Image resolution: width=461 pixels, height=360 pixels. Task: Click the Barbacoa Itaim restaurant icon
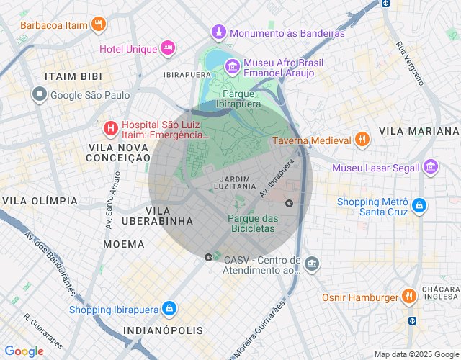tap(99, 24)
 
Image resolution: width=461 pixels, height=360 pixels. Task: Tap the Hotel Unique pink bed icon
tap(168, 48)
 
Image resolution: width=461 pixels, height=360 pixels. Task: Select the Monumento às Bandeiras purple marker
tap(218, 32)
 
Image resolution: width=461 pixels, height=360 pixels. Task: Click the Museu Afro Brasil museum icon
tap(232, 68)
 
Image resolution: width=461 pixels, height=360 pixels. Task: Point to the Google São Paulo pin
tap(40, 94)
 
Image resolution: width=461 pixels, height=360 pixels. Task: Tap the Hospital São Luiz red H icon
tap(110, 129)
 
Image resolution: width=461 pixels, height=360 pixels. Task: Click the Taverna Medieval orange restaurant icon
tap(363, 140)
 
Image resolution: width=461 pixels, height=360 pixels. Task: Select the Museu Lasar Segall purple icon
tap(431, 167)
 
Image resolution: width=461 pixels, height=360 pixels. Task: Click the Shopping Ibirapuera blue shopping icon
tap(169, 309)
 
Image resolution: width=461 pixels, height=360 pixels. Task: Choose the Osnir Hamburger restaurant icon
tap(409, 297)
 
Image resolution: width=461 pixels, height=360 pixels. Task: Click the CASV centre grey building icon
tap(311, 264)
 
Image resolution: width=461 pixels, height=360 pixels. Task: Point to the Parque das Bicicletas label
tap(252, 223)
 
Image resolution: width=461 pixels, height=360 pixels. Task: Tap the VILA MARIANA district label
tap(419, 131)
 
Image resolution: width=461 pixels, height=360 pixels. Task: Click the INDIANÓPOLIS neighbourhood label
tap(164, 330)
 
